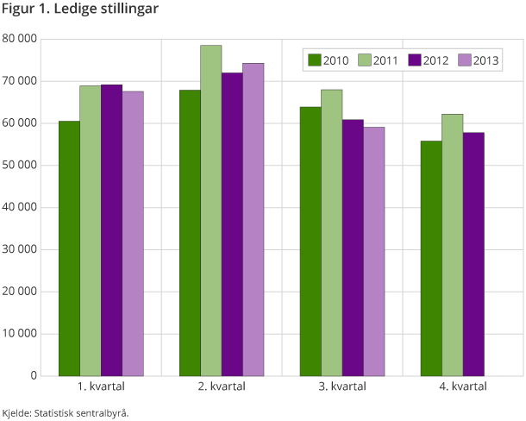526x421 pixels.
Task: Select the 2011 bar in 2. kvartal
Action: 211,210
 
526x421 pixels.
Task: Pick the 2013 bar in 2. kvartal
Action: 254,219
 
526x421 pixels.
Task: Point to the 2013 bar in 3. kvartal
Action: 373,251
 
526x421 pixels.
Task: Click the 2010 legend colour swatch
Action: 314,60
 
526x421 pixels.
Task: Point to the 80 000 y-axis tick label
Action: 20,39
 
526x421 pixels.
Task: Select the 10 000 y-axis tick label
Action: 20,334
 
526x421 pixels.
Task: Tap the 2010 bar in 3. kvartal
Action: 310,242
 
